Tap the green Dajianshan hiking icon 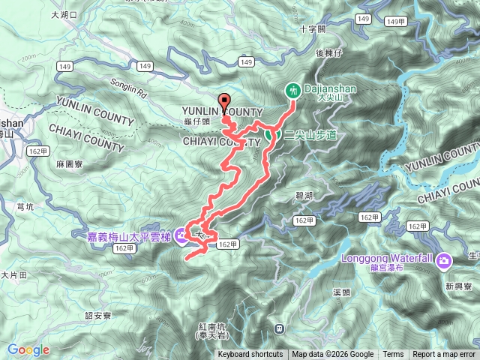292,90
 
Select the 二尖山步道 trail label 310,133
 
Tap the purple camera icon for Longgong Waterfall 444,260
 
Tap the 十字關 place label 311,29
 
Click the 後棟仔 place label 328,53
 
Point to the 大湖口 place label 64,14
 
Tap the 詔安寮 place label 97,316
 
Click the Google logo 28,349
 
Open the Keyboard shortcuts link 250,355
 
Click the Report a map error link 444,355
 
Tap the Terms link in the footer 393,355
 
